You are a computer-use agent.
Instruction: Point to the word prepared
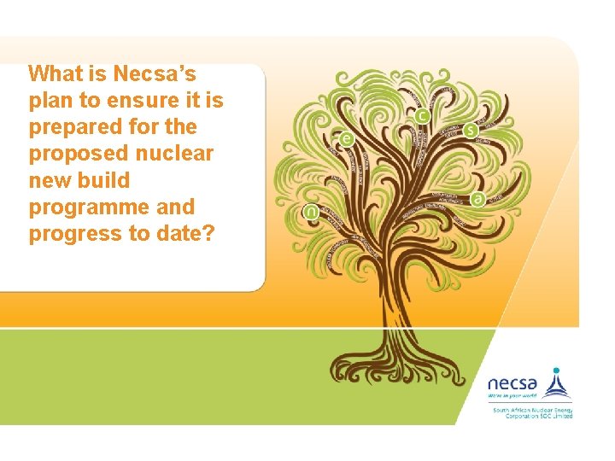click(x=76, y=127)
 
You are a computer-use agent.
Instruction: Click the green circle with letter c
click(x=422, y=115)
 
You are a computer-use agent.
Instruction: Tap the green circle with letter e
click(x=346, y=139)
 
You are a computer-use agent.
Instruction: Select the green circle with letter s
click(x=471, y=131)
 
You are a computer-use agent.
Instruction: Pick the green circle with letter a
click(x=477, y=198)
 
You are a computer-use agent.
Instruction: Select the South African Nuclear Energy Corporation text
click(x=531, y=412)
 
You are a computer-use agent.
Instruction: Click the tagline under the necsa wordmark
click(x=512, y=396)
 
